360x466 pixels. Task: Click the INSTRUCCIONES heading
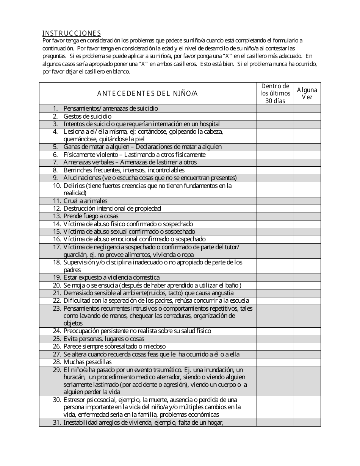pyautogui.click(x=72, y=33)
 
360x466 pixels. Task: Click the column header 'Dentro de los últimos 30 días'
pyautogui.click(x=275, y=93)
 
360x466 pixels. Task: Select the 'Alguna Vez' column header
pyautogui.click(x=307, y=93)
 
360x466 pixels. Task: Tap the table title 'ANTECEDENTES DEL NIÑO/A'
pyautogui.click(x=147, y=94)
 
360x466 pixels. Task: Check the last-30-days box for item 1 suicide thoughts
pyautogui.click(x=275, y=109)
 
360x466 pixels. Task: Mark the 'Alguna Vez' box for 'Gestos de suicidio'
pyautogui.click(x=307, y=116)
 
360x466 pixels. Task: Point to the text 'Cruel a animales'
pyautogui.click(x=85, y=201)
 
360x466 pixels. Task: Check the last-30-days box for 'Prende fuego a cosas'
pyautogui.click(x=275, y=216)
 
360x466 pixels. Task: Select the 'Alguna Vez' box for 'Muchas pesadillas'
pyautogui.click(x=307, y=362)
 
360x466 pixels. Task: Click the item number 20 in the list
pyautogui.click(x=57, y=285)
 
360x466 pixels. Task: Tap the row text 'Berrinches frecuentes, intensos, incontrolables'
pyautogui.click(x=124, y=170)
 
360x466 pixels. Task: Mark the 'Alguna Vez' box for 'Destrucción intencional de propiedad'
pyautogui.click(x=307, y=208)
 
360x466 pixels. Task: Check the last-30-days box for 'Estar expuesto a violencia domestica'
pyautogui.click(x=275, y=278)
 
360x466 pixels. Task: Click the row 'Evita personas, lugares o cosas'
pyautogui.click(x=104, y=339)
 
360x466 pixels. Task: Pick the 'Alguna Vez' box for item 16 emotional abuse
pyautogui.click(x=307, y=239)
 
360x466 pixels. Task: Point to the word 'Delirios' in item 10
pyautogui.click(x=74, y=186)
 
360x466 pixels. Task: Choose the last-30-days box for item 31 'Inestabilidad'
pyautogui.click(x=275, y=423)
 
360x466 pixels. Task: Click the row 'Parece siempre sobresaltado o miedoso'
pyautogui.click(x=114, y=347)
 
